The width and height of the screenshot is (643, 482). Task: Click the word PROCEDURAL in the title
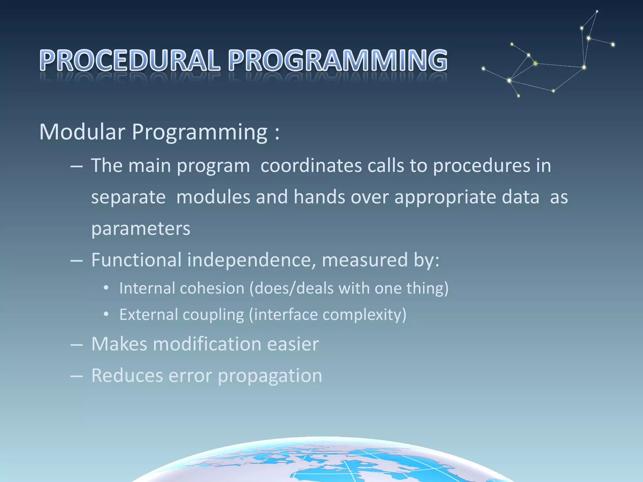130,60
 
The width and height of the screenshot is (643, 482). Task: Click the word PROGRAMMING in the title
338,60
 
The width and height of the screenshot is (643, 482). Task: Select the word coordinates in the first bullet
311,165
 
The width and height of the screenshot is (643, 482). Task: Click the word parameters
141,228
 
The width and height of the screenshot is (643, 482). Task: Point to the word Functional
136,260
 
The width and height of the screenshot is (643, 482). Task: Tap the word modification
207,344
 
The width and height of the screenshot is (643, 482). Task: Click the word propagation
270,376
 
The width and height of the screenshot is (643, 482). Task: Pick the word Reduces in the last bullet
127,375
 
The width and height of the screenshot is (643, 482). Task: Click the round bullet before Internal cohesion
106,288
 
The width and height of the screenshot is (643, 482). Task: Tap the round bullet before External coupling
106,314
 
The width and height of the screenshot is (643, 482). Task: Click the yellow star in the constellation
535,64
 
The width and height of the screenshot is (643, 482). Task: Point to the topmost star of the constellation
597,12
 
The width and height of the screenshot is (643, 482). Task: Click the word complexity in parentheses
364,314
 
